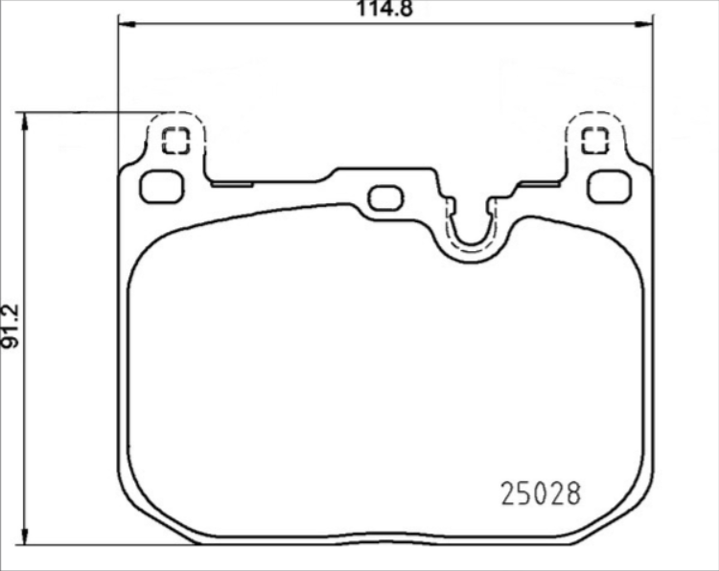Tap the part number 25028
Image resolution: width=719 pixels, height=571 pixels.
[x=540, y=494]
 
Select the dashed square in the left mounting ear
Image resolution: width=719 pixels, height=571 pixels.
[x=174, y=141]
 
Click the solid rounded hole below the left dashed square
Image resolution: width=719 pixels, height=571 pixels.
[x=160, y=187]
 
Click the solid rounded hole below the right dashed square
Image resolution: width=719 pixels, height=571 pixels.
[x=609, y=186]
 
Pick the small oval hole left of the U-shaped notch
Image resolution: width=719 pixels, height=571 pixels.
[x=386, y=199]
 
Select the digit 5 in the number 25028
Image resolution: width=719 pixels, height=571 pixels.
[x=523, y=494]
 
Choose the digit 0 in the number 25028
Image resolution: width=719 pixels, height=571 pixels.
[x=540, y=494]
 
